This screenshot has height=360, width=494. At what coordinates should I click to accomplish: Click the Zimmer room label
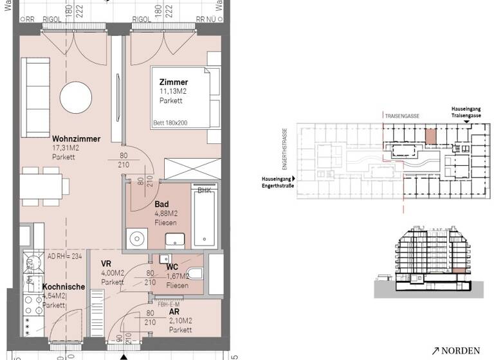coord(174,82)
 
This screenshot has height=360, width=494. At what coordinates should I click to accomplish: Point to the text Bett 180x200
coord(170,122)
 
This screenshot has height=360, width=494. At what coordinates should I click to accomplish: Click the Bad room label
coord(161,204)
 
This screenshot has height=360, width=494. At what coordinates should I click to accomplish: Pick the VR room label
coord(106,264)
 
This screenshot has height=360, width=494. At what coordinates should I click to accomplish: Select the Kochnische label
coord(64,287)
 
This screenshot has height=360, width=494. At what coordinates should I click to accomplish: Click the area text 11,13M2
coord(173,92)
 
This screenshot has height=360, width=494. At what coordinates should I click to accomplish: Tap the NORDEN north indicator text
coord(461,350)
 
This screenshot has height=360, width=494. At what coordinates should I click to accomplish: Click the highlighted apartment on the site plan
coord(430,136)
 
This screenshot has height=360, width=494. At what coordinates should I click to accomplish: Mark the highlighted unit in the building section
coord(458,268)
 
